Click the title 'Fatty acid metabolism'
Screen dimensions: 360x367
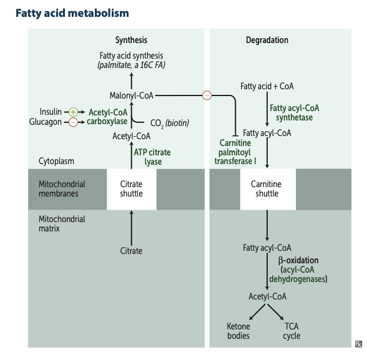coord(72,12)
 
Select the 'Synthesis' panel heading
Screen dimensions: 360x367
coord(131,40)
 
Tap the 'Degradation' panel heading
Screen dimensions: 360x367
coord(267,40)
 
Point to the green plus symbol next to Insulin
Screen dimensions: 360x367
coord(72,112)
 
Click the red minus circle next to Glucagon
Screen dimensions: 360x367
coord(72,122)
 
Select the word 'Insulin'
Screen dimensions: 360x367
coord(51,112)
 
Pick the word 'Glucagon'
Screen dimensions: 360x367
coord(46,122)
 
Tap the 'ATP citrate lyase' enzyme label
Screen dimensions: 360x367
coord(152,157)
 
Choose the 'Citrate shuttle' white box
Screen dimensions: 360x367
coord(131,188)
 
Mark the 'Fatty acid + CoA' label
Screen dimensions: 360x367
coord(267,85)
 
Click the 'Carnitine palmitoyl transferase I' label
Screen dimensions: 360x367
coord(235,152)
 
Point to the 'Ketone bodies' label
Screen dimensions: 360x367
coord(238,331)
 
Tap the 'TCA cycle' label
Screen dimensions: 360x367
coord(291,331)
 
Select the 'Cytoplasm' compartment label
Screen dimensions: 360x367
coord(56,161)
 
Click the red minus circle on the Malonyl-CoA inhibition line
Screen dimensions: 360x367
coord(207,95)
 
